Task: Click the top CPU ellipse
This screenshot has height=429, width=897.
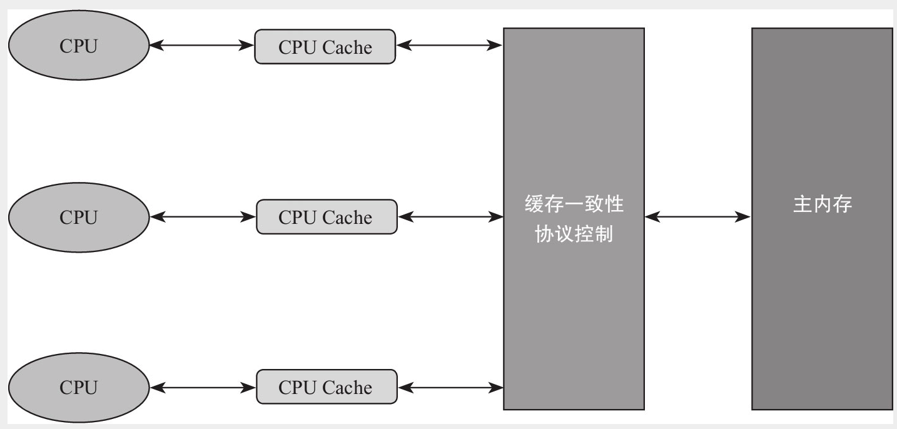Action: point(79,46)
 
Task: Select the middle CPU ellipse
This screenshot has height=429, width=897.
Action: point(79,217)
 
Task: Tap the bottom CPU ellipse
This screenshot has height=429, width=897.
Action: point(79,388)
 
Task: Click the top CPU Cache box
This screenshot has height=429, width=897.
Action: point(325,46)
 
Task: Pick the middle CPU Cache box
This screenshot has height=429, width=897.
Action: point(326,217)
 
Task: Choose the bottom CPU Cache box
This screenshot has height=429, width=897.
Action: point(326,388)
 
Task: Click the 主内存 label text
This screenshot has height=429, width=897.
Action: point(823,205)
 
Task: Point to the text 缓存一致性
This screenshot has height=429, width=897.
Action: point(574,205)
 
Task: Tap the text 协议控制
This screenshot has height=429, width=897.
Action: point(574,235)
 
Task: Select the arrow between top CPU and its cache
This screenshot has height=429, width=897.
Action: point(202,46)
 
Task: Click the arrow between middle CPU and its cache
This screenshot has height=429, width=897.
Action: point(203,217)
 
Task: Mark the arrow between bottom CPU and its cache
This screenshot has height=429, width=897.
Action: point(203,388)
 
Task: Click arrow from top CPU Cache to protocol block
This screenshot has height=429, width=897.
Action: point(450,45)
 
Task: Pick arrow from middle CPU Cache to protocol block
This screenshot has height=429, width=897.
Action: point(450,217)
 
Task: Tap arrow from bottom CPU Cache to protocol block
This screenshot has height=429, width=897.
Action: point(450,388)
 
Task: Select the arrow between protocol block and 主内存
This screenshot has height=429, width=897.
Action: point(697,217)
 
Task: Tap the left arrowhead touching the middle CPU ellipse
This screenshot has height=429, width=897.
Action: point(157,217)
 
